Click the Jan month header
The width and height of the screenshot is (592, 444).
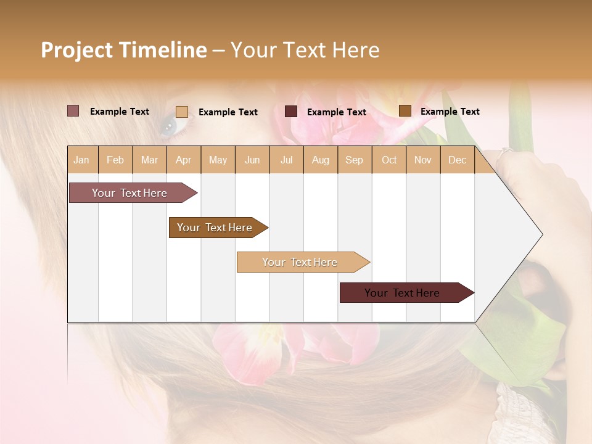[x=81, y=160]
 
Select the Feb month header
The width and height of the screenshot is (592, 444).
[x=115, y=160]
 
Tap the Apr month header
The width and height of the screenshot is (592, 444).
[x=183, y=160]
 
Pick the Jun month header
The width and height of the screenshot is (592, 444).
[x=252, y=160]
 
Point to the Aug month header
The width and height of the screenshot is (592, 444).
[x=320, y=160]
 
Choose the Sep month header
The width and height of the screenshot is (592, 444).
[x=354, y=160]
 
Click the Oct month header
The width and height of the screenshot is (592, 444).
[x=389, y=160]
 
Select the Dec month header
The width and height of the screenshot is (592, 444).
[x=457, y=160]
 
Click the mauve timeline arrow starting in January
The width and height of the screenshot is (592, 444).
[x=129, y=193]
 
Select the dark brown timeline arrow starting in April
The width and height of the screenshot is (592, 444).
[x=215, y=228]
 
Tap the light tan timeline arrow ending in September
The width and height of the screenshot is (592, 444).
[x=300, y=262]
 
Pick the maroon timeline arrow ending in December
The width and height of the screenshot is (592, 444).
[x=402, y=293]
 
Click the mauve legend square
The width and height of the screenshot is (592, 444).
[x=73, y=111]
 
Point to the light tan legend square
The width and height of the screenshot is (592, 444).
[x=181, y=112]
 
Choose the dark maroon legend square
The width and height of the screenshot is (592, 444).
[x=291, y=112]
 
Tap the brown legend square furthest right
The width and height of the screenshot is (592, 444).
[x=405, y=111]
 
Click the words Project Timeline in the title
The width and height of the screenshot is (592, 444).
[x=123, y=50]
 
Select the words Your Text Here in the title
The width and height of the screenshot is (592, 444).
[x=305, y=50]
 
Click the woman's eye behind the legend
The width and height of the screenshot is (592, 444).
[x=168, y=126]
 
